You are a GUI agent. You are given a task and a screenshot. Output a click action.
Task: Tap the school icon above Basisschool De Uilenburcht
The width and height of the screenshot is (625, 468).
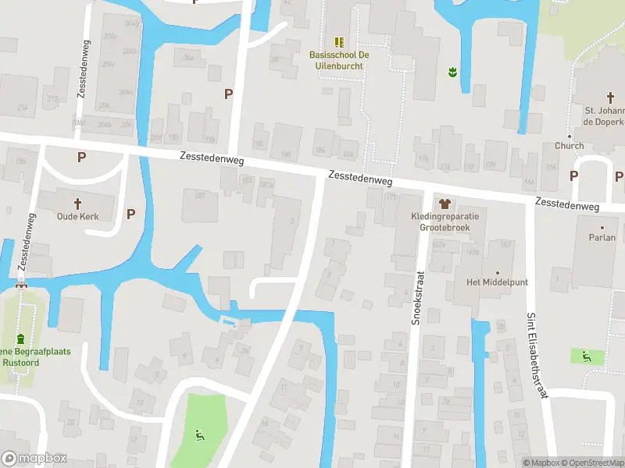(x=338, y=41)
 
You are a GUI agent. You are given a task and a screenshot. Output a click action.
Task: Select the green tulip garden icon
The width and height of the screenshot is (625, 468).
(x=451, y=73)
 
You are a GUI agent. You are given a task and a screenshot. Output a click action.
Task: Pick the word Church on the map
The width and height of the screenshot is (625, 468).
(x=569, y=146)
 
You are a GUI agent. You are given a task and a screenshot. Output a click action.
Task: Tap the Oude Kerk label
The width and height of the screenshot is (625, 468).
(x=77, y=216)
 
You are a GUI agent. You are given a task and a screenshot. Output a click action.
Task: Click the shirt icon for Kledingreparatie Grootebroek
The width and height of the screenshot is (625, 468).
(x=447, y=203)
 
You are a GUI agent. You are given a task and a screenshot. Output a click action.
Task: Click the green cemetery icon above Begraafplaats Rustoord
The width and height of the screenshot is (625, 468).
(x=20, y=337)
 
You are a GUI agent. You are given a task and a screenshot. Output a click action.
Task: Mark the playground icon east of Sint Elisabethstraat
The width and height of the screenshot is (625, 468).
(x=586, y=356)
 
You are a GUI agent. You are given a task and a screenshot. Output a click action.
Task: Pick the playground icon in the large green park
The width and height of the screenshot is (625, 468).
(x=198, y=435)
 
